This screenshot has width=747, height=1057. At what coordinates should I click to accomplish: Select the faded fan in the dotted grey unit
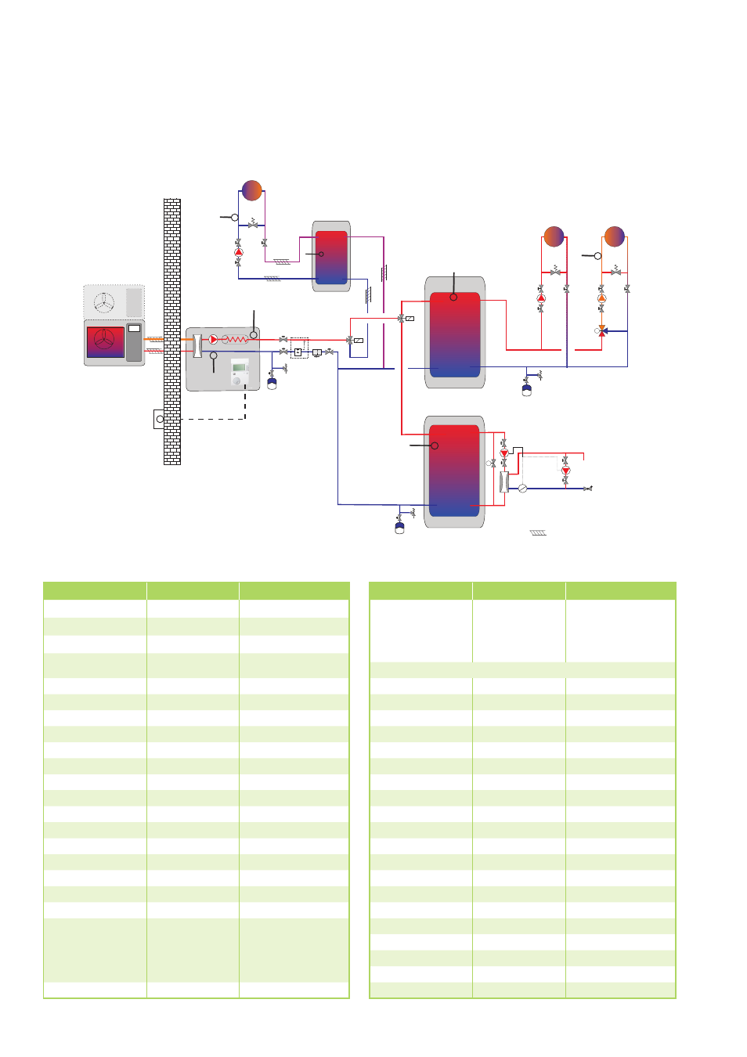pyautogui.click(x=104, y=301)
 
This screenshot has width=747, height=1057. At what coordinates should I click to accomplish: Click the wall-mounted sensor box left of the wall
pyautogui.click(x=159, y=419)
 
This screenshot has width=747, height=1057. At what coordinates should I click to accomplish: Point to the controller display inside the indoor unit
pyautogui.click(x=240, y=368)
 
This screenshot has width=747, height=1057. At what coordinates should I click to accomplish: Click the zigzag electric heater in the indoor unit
pyautogui.click(x=235, y=340)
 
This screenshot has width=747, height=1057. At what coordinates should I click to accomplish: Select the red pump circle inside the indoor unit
pyautogui.click(x=213, y=340)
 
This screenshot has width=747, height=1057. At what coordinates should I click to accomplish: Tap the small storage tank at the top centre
pyautogui.click(x=331, y=256)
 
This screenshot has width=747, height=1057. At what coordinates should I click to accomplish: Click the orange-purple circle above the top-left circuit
pyautogui.click(x=251, y=190)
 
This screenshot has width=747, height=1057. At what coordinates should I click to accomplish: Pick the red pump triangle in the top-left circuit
pyautogui.click(x=239, y=252)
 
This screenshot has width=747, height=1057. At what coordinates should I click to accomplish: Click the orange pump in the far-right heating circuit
pyautogui.click(x=601, y=298)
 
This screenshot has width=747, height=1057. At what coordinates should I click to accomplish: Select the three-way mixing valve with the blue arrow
pyautogui.click(x=602, y=331)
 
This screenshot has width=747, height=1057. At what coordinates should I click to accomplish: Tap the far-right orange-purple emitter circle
pyautogui.click(x=615, y=236)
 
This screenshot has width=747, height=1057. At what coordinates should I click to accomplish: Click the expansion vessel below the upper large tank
pyautogui.click(x=527, y=388)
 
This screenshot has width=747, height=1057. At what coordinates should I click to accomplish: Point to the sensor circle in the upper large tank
pyautogui.click(x=453, y=298)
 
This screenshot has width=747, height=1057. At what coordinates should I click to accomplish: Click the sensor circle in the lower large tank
pyautogui.click(x=435, y=446)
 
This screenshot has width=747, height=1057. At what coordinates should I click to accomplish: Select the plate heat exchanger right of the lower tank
pyautogui.click(x=504, y=482)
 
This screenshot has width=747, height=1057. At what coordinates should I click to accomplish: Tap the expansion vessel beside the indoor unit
pyautogui.click(x=272, y=384)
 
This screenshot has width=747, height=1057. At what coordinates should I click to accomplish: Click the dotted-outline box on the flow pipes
pyautogui.click(x=299, y=347)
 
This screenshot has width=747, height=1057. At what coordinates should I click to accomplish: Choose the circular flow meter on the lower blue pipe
pyautogui.click(x=522, y=489)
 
